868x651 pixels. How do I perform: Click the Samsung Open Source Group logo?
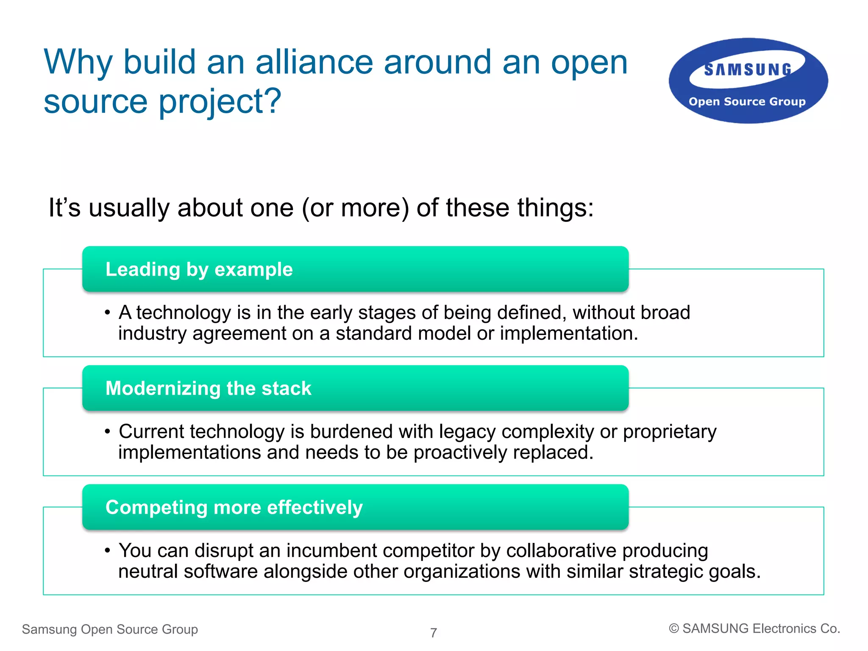click(748, 81)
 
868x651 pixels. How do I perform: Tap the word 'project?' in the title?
click(220, 102)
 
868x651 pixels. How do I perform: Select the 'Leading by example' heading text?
click(199, 269)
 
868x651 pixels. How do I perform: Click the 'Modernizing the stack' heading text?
click(208, 388)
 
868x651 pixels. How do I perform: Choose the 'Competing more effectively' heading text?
click(234, 507)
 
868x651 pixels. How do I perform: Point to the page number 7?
click(434, 633)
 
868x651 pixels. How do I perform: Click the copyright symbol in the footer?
click(674, 629)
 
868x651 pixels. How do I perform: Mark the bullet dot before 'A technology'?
click(108, 313)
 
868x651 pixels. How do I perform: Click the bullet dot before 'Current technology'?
click(108, 432)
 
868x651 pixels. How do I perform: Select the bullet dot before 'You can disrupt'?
click(108, 551)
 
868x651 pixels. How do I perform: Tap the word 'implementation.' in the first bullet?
click(569, 334)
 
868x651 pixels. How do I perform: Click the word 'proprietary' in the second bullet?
click(670, 432)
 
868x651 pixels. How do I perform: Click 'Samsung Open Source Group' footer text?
click(110, 629)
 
